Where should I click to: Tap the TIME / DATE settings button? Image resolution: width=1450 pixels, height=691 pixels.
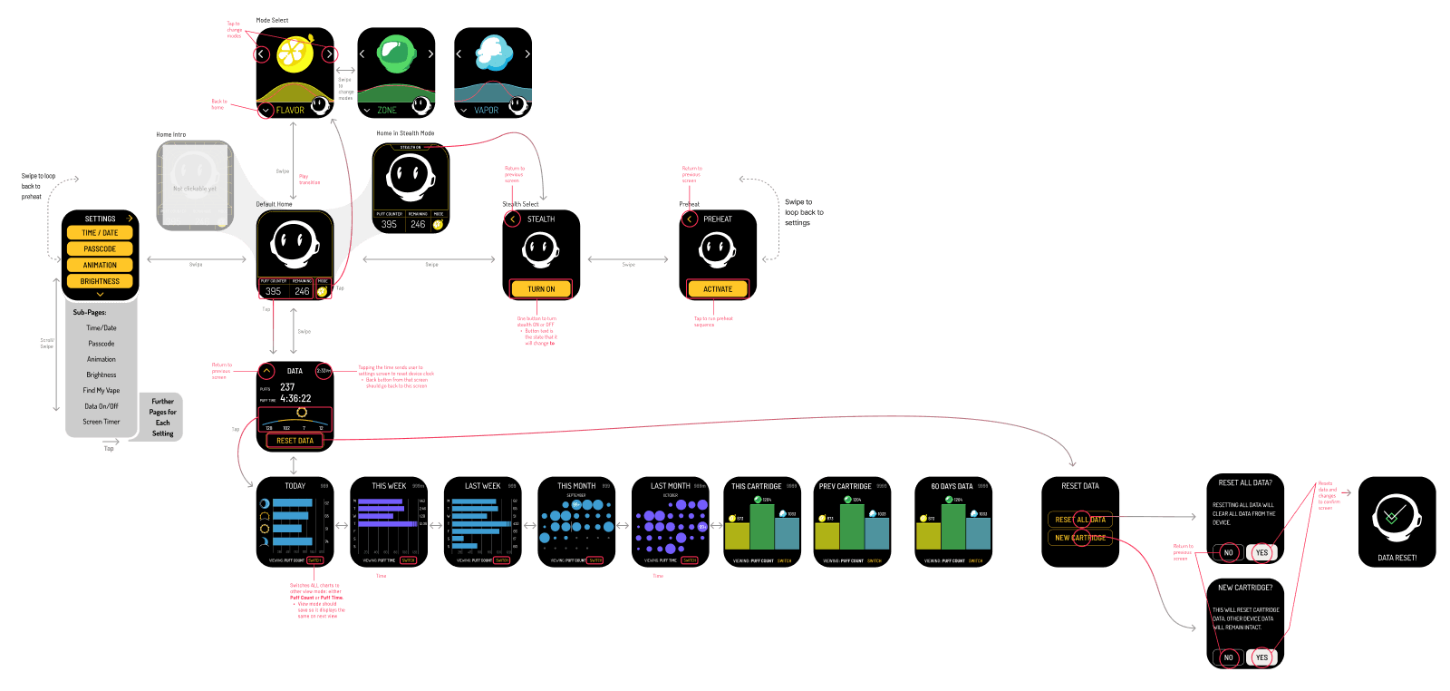tap(100, 233)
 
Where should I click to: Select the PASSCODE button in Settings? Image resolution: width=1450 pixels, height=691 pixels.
tap(100, 248)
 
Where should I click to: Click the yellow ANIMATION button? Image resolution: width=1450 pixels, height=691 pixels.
tap(100, 265)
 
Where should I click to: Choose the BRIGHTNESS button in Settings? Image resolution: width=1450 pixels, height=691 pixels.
tap(100, 281)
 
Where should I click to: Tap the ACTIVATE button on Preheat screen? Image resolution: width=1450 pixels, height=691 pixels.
tap(718, 289)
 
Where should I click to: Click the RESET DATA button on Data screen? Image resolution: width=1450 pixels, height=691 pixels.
tap(295, 441)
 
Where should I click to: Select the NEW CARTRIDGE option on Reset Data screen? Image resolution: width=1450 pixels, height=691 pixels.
tap(1080, 538)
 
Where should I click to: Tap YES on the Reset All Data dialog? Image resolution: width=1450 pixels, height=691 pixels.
tap(1261, 552)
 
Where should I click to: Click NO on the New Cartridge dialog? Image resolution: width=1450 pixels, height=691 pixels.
tap(1228, 657)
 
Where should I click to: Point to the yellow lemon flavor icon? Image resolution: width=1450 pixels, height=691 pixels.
tap(295, 54)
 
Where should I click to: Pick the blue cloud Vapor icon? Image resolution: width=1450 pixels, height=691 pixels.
tap(494, 53)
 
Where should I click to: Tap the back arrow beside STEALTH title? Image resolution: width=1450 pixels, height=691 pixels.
tap(513, 219)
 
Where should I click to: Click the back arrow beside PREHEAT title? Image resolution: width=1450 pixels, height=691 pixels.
tap(690, 219)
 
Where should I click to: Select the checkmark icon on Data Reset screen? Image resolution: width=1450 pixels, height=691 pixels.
tap(1396, 517)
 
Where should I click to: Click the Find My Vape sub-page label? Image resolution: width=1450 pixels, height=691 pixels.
tap(101, 391)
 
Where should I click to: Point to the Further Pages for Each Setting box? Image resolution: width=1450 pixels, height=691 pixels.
tap(163, 417)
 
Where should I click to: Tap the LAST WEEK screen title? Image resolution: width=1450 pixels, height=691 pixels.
tap(482, 486)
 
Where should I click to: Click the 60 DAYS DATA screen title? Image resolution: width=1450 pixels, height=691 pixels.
tap(952, 486)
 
